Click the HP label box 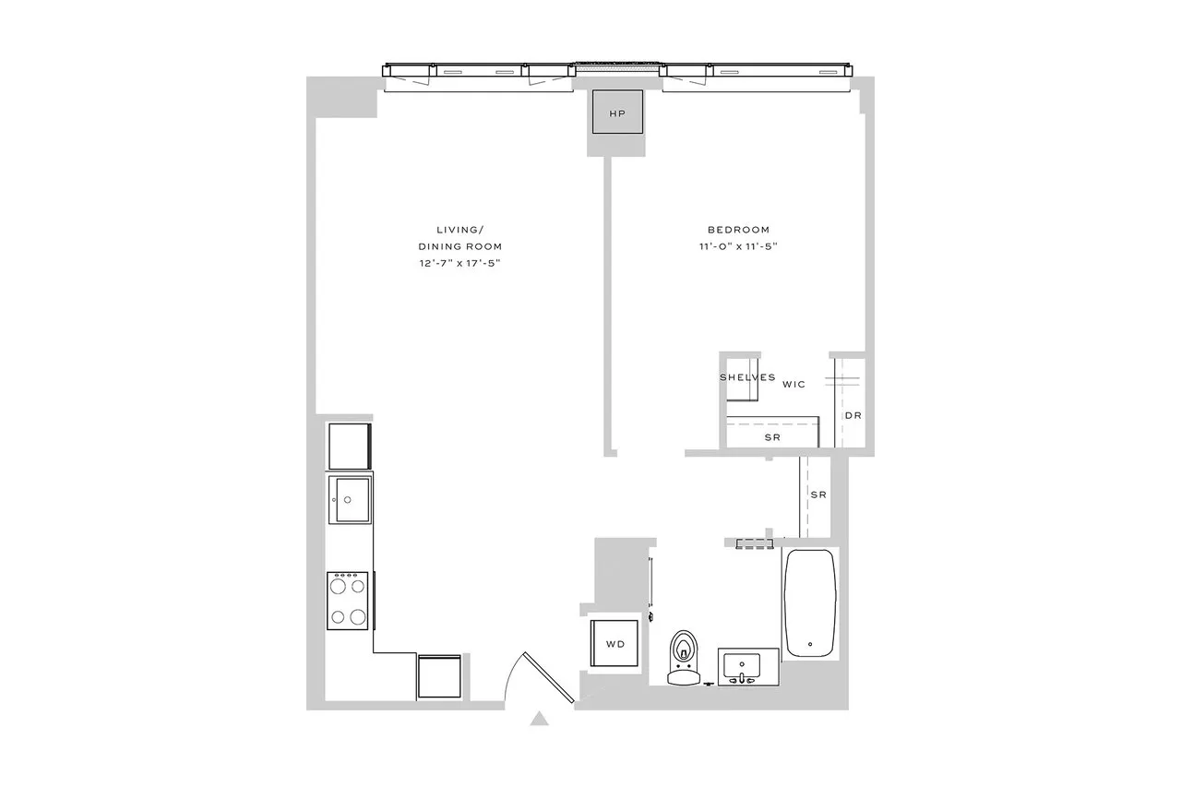[617, 113]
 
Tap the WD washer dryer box [615, 644]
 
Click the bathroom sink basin [742, 664]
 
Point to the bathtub [810, 603]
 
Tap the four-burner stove [348, 601]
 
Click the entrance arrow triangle [541, 719]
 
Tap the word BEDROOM [738, 230]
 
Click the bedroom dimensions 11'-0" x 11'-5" [738, 246]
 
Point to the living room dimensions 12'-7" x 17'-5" [459, 264]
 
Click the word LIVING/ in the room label [459, 230]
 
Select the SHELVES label [747, 377]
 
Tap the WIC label [794, 383]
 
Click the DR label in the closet [853, 415]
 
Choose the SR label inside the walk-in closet [772, 437]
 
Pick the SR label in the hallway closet [817, 495]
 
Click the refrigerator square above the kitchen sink [350, 446]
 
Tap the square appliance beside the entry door [439, 677]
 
